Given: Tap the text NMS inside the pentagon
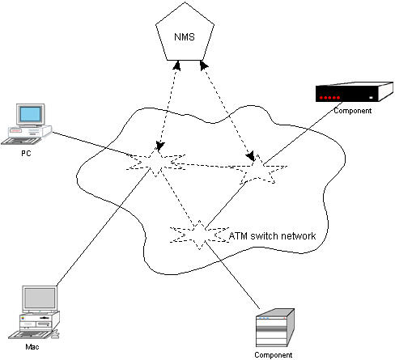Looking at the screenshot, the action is [185, 37].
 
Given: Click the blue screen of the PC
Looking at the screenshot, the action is [30, 114].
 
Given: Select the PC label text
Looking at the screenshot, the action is [26, 154].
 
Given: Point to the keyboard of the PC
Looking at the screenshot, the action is [22, 141].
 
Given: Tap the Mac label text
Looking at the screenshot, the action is [32, 347].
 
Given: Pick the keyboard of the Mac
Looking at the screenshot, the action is [30, 335].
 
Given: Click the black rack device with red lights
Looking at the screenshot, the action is [355, 92].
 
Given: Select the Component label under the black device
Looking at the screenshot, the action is [353, 111].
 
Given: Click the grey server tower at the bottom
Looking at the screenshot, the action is [275, 328].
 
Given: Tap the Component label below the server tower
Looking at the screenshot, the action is [274, 355].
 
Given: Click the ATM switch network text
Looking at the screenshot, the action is [272, 236].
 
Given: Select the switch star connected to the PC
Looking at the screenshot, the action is [156, 162].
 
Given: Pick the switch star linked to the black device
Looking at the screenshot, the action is [257, 170].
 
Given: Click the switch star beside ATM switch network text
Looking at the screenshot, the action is [199, 235].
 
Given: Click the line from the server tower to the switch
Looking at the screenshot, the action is [232, 275].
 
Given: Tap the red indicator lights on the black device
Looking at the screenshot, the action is [329, 98].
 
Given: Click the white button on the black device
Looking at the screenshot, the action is [371, 98].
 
